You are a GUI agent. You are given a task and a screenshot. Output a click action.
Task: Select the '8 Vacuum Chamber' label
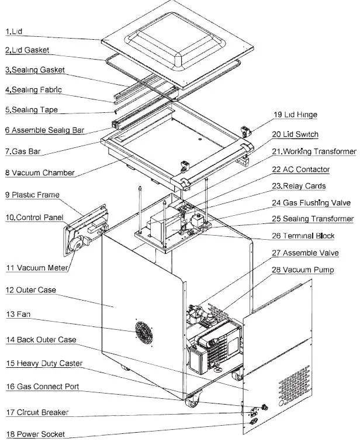39,173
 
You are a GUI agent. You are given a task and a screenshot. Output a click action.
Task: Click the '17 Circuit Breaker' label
37,412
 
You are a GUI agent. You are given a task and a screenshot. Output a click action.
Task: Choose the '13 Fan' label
18,315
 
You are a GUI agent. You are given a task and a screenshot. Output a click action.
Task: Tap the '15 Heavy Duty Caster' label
44,363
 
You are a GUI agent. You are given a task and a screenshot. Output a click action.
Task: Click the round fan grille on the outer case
143,333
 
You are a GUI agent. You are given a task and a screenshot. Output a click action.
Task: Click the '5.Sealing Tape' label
32,109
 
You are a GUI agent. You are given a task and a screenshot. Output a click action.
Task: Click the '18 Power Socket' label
35,434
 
